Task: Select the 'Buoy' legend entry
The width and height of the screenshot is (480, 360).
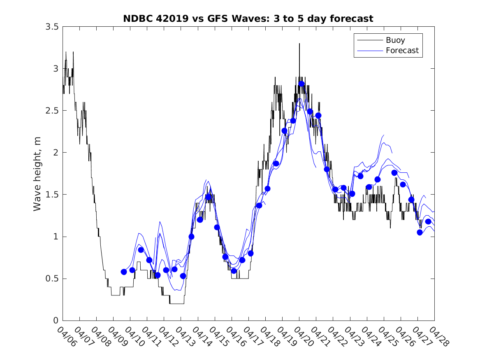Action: click(x=395, y=40)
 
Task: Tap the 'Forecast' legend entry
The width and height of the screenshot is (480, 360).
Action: click(x=402, y=51)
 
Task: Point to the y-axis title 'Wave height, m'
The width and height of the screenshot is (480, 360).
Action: click(x=37, y=174)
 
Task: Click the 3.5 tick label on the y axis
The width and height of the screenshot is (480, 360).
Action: click(x=52, y=27)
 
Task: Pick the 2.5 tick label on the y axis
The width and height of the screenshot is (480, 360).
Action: click(x=52, y=111)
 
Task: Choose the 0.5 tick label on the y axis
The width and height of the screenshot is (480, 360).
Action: click(x=52, y=279)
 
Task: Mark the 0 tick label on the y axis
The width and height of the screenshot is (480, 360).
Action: click(x=56, y=321)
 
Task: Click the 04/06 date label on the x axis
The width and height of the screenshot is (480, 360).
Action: click(x=67, y=337)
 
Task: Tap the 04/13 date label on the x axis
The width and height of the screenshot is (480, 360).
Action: click(x=185, y=337)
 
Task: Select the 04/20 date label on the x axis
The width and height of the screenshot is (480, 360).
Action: click(x=303, y=337)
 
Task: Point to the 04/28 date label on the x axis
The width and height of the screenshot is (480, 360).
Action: click(x=438, y=337)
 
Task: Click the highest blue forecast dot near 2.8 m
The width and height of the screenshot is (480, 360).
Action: click(x=301, y=84)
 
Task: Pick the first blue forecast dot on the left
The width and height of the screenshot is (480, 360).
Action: click(x=124, y=272)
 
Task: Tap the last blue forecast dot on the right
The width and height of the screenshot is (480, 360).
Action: click(x=428, y=222)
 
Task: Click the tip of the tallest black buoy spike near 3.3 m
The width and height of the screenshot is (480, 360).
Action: click(x=299, y=44)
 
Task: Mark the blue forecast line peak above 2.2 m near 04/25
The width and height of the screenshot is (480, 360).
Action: click(x=384, y=135)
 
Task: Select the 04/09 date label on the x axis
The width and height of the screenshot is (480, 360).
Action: click(x=117, y=337)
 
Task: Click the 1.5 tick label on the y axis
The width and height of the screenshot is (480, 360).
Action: click(x=52, y=195)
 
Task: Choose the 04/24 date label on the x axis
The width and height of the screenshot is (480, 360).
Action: click(x=371, y=337)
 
